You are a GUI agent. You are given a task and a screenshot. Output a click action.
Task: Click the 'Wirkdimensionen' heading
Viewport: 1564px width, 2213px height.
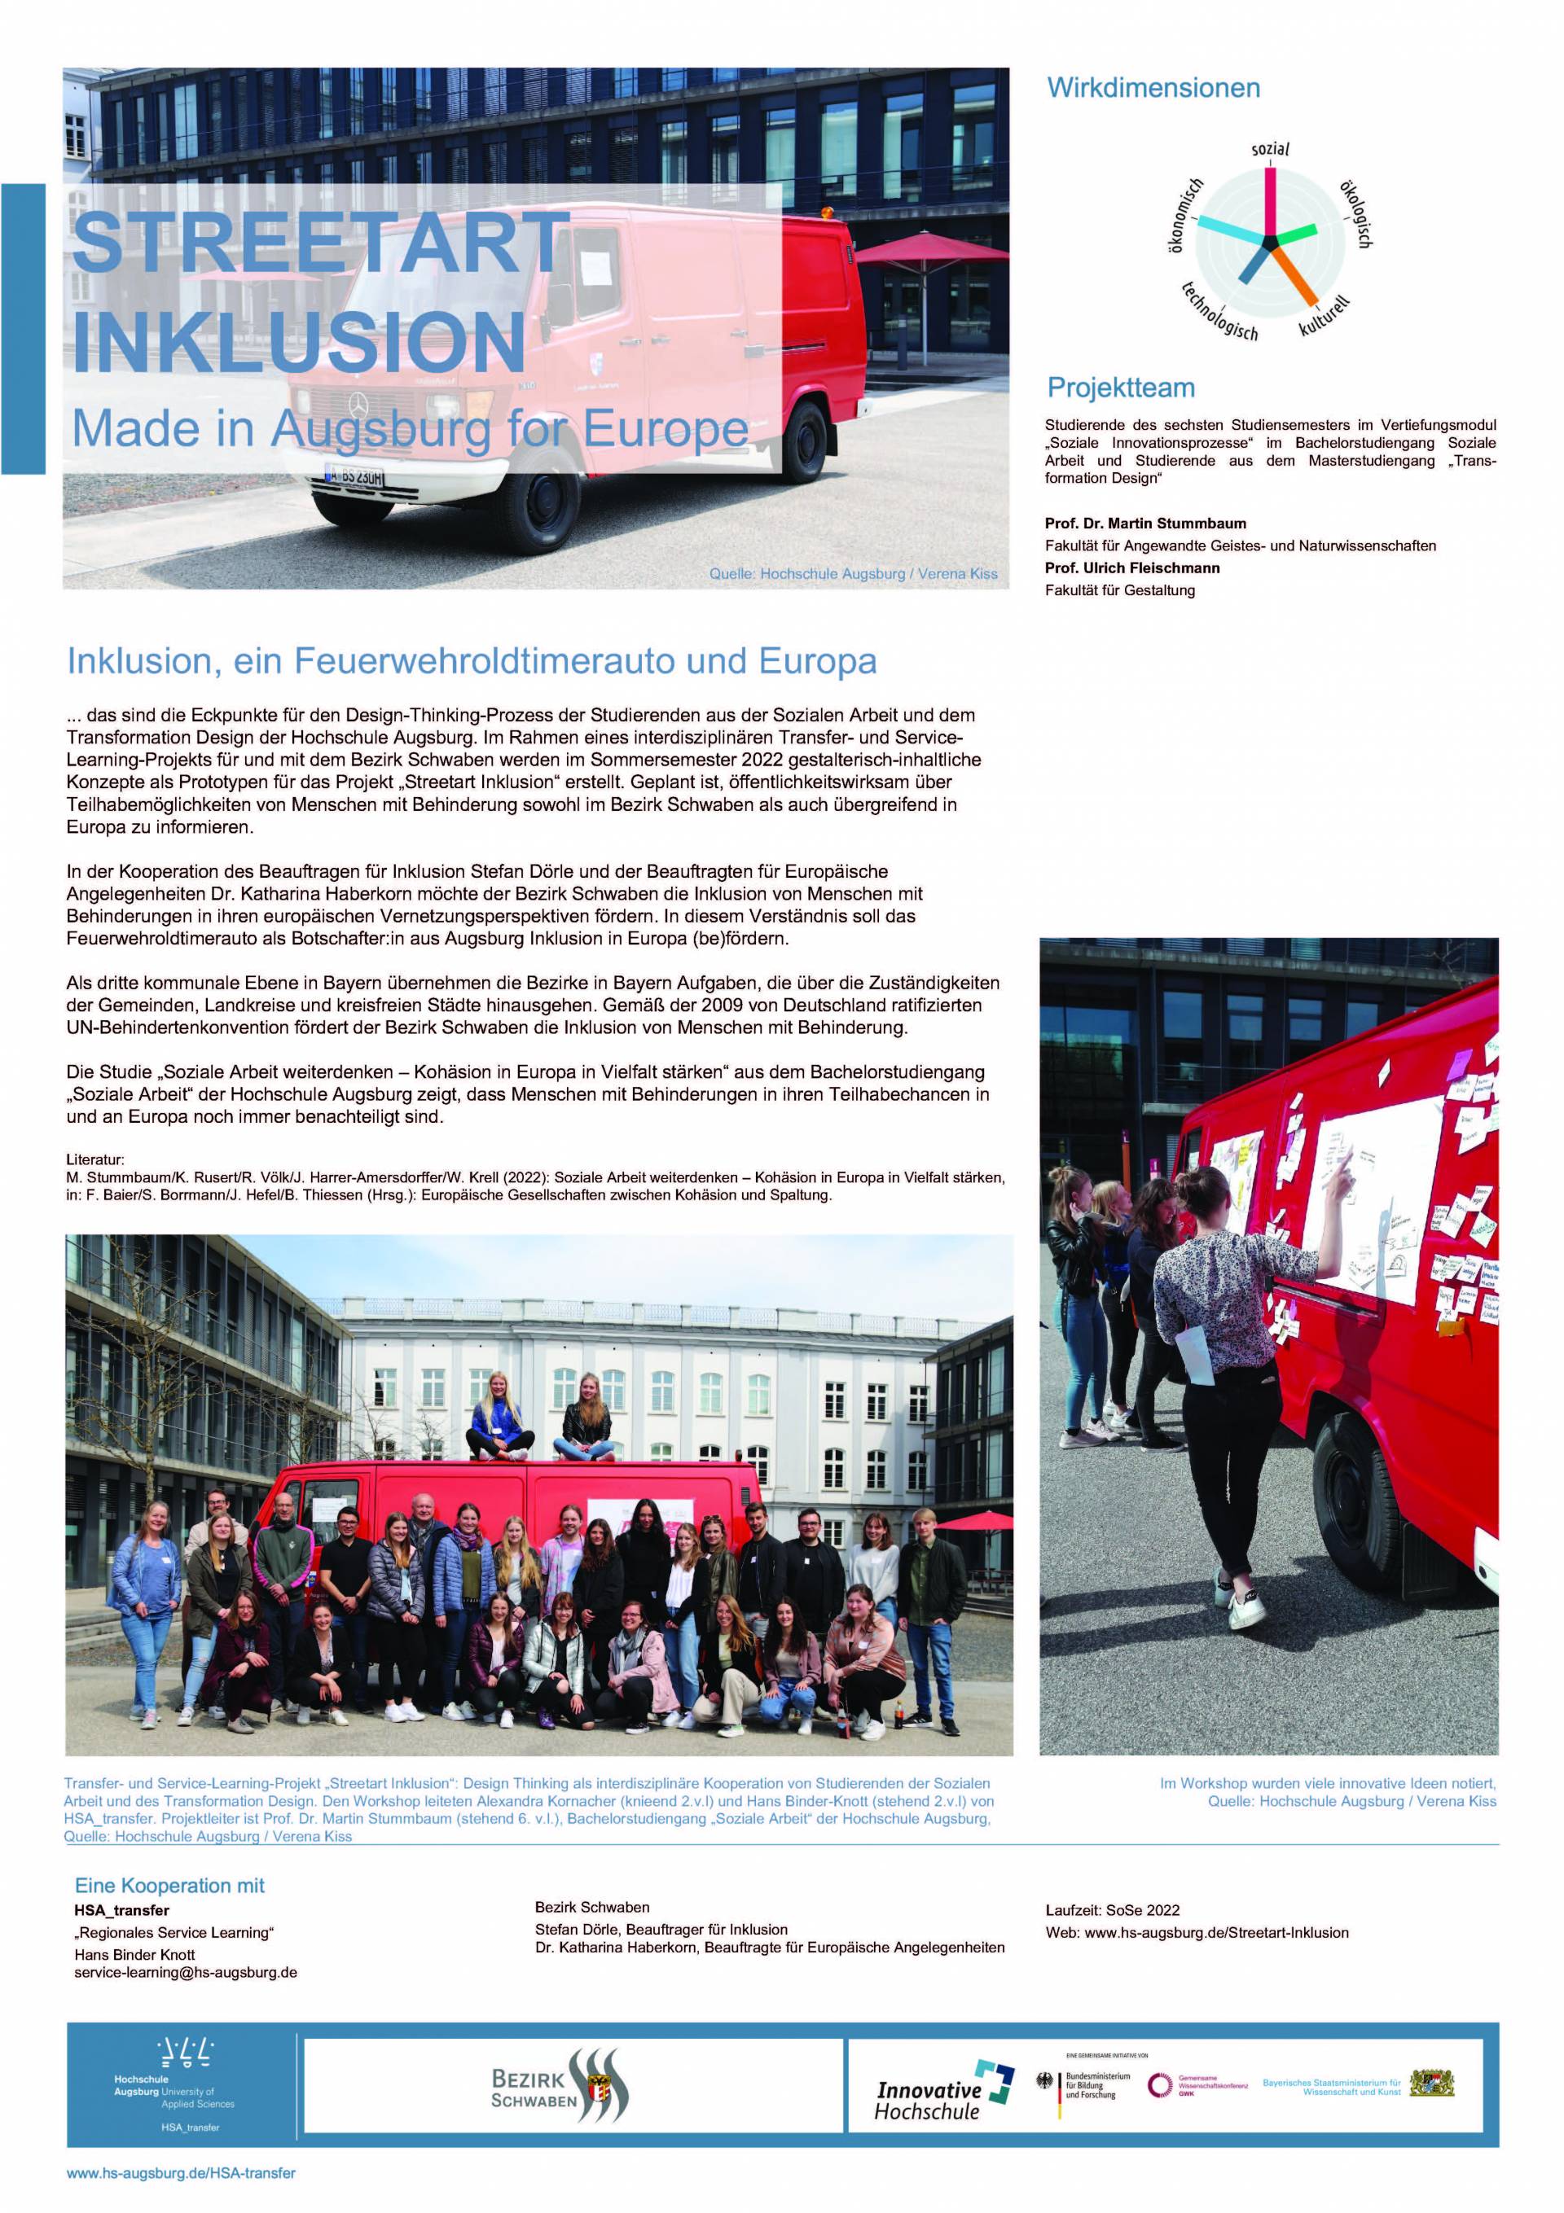click(1153, 89)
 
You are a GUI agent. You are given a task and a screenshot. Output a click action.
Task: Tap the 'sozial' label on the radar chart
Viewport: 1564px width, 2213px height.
click(1270, 149)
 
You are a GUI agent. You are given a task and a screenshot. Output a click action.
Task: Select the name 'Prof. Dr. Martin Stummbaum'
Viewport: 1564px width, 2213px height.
click(1145, 524)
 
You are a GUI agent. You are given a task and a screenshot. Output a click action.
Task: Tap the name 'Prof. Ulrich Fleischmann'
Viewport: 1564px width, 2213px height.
click(1132, 567)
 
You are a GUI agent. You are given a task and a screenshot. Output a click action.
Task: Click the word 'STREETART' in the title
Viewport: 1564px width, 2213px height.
click(321, 242)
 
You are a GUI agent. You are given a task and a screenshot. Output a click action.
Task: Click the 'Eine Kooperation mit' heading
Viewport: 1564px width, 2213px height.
click(169, 1886)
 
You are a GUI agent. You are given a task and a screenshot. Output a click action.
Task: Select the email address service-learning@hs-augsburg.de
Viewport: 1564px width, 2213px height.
click(185, 1972)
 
